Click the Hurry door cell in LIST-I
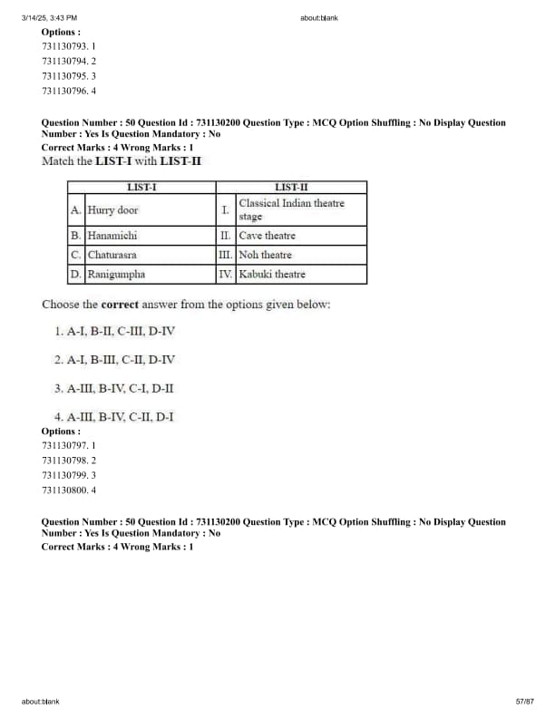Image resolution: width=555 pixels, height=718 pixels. click(x=113, y=210)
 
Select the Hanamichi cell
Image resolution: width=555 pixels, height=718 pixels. click(x=112, y=235)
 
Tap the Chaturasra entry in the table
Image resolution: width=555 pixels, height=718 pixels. click(x=112, y=255)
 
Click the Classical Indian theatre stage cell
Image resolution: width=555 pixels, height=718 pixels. click(x=291, y=209)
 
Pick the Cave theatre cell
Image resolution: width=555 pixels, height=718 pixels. click(x=267, y=236)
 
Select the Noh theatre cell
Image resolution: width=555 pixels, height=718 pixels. click(x=265, y=255)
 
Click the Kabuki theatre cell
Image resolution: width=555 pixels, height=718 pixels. click(x=272, y=274)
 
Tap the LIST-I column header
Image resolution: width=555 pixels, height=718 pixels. click(x=141, y=187)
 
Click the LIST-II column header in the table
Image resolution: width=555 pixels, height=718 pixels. click(x=291, y=187)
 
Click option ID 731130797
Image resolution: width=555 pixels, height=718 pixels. click(x=69, y=446)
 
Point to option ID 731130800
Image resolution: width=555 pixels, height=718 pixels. click(x=69, y=490)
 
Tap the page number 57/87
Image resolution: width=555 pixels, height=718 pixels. click(x=524, y=702)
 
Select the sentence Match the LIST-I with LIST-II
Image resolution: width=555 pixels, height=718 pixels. click(x=122, y=161)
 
